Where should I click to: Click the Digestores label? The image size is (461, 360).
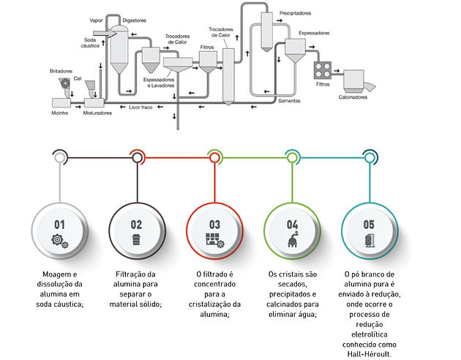point(135,20)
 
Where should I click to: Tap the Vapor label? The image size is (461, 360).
point(96,20)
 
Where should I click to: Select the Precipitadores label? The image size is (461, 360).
point(295,13)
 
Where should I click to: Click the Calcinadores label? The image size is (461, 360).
point(353,97)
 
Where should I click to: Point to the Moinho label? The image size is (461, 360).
point(60,113)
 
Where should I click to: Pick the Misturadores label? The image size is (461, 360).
point(97,113)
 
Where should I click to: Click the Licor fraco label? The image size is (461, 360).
point(140,108)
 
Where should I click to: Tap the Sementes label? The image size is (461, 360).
point(289,101)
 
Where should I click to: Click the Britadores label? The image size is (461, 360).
point(61,71)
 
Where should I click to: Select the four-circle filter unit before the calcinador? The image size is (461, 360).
point(323,70)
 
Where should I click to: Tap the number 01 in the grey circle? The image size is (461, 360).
point(59,225)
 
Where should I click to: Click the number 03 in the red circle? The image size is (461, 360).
point(214,225)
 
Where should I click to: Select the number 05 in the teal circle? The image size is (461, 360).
point(369,225)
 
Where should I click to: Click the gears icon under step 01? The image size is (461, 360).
point(60,241)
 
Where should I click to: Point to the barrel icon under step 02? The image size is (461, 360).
point(136,239)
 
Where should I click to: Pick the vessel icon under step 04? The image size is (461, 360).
point(293,239)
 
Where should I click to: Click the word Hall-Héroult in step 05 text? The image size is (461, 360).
point(370,354)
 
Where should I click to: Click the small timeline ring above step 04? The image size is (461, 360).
point(292,158)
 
